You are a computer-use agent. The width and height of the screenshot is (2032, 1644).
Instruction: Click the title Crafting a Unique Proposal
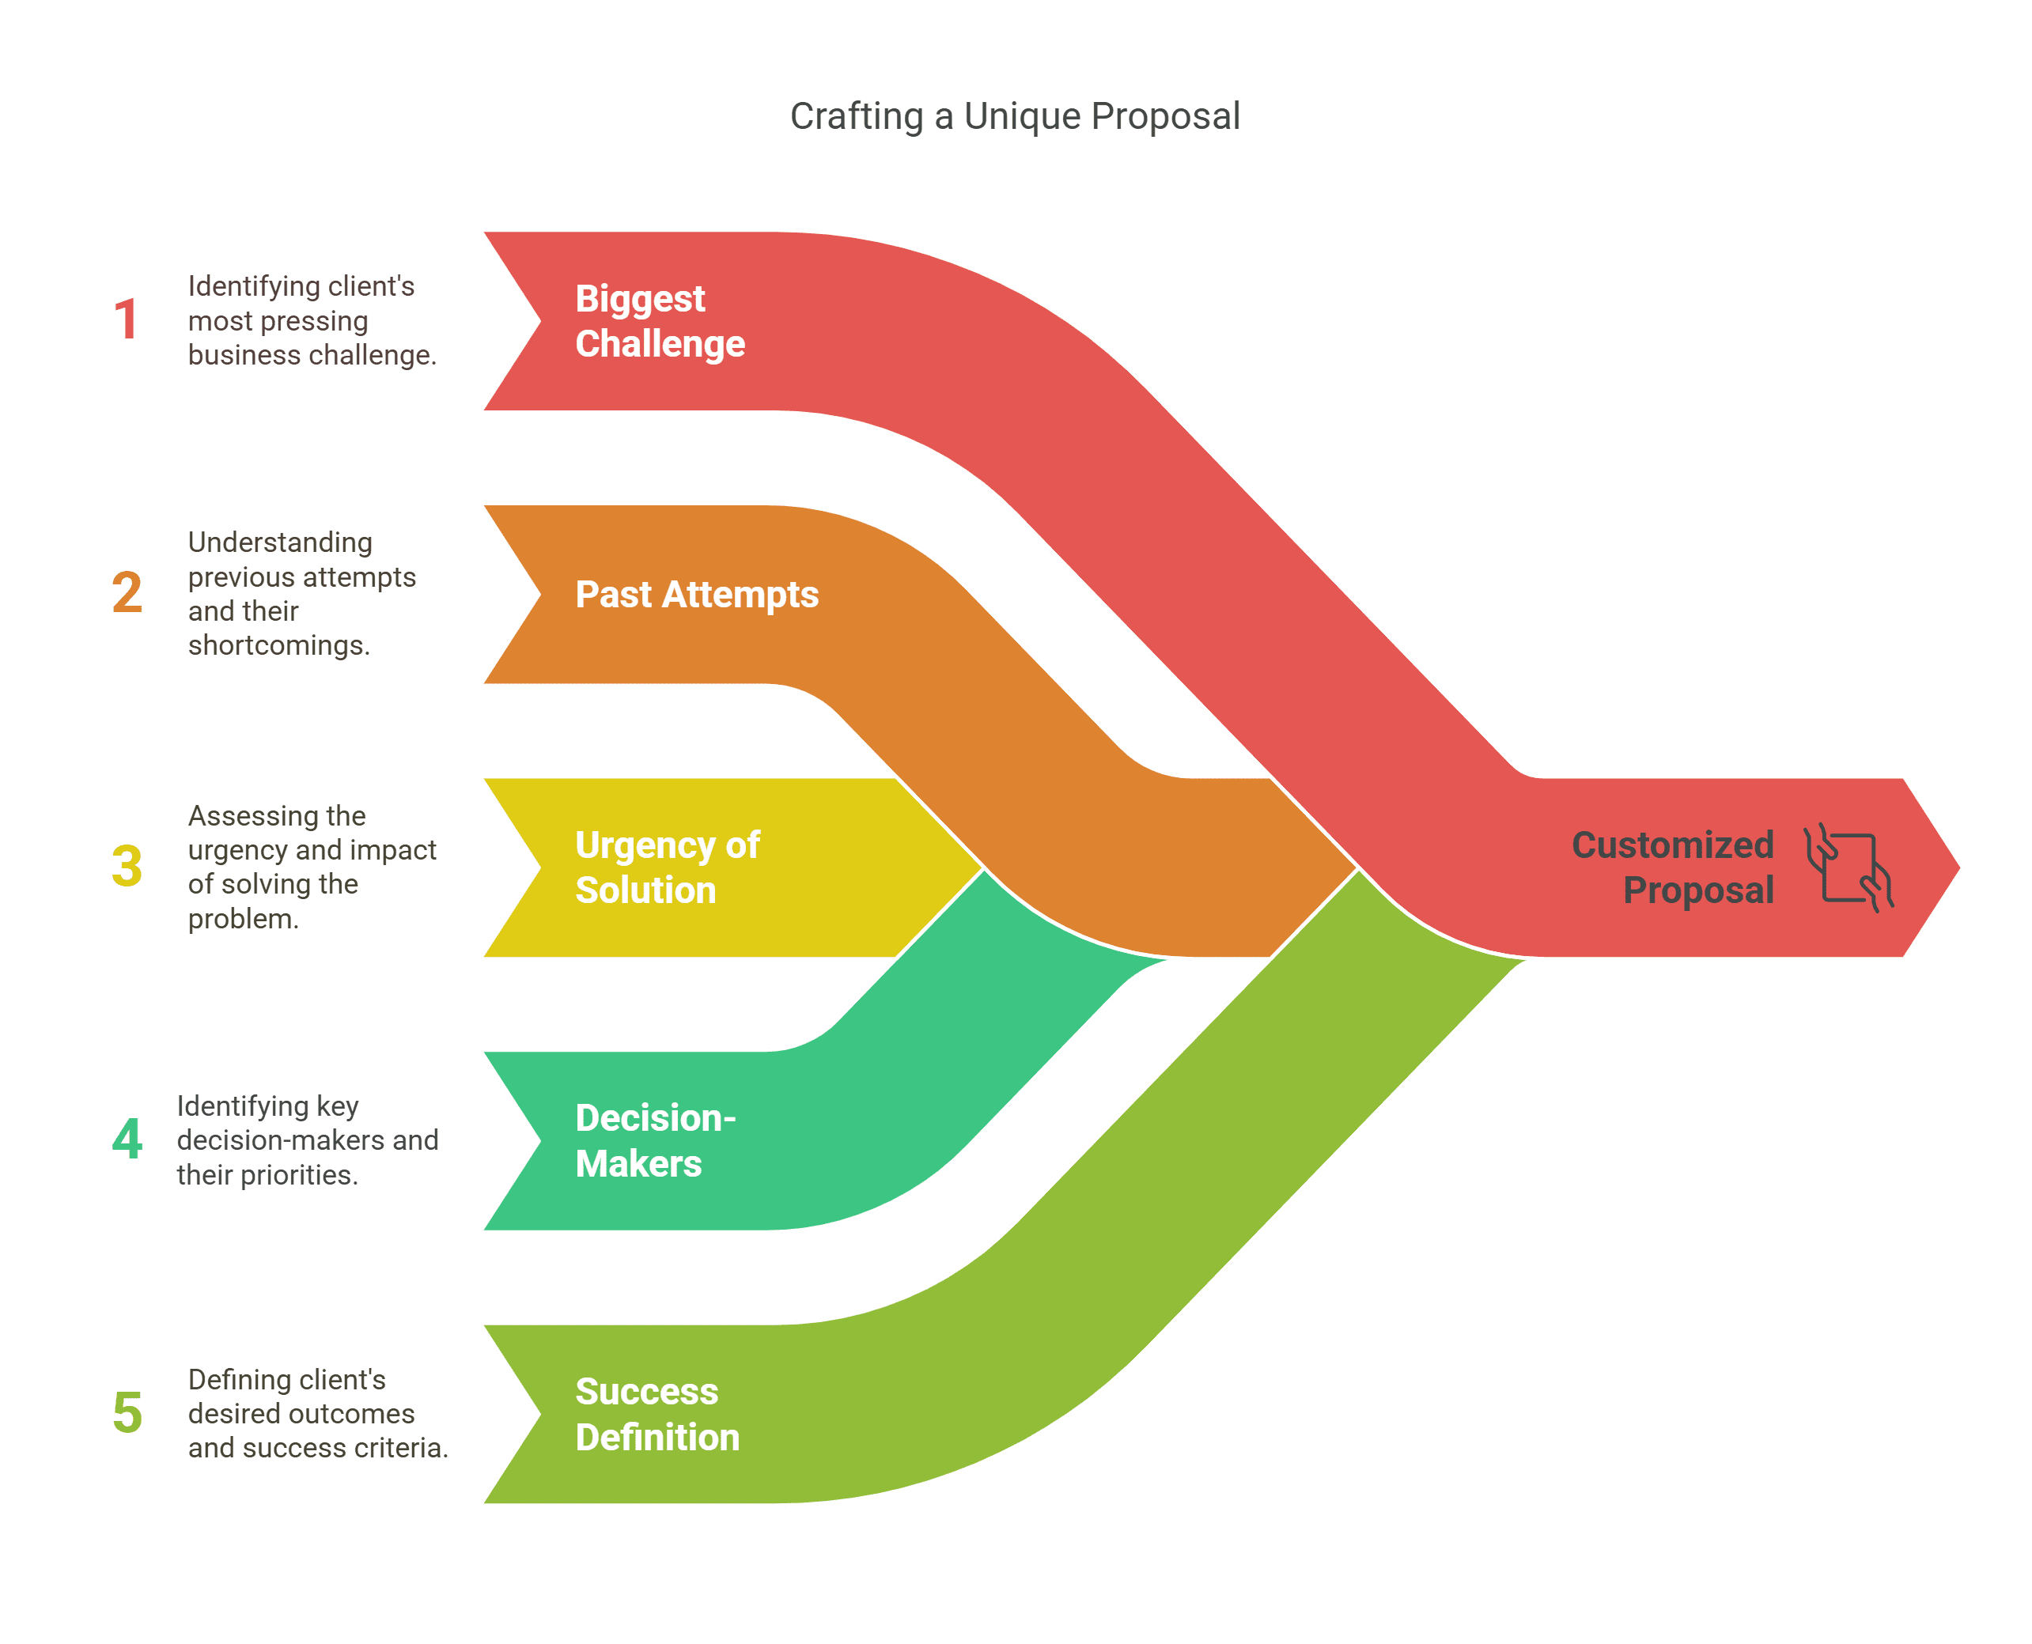tap(1015, 116)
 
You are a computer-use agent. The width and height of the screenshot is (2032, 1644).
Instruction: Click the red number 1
tap(126, 320)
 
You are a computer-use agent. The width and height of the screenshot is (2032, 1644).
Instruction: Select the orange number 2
tap(127, 593)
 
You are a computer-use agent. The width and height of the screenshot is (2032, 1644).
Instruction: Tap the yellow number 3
tap(127, 867)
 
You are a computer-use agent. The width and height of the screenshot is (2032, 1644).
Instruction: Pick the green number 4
tap(127, 1139)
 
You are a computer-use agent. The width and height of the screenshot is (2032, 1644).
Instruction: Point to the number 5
tap(127, 1413)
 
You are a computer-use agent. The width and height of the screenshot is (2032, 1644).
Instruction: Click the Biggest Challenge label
tap(660, 321)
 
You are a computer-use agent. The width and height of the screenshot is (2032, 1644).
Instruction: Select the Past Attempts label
tap(697, 595)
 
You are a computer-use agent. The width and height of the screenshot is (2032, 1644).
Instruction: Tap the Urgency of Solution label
tap(668, 867)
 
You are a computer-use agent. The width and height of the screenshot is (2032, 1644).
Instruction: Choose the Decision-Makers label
tap(656, 1141)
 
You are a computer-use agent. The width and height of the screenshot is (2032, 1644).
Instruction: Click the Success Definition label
tap(657, 1414)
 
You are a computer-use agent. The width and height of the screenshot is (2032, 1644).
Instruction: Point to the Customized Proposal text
tap(1673, 867)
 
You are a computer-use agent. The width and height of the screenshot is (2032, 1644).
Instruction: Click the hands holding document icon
tap(1848, 867)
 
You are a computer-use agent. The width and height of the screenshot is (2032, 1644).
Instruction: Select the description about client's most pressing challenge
tap(312, 320)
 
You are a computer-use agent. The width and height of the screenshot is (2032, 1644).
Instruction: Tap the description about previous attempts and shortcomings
tap(301, 594)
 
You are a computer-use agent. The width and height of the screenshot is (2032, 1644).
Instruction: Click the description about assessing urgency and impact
tap(312, 867)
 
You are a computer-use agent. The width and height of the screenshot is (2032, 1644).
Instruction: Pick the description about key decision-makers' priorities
tap(307, 1140)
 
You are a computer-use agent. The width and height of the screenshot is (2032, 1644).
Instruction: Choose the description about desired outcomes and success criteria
tap(318, 1413)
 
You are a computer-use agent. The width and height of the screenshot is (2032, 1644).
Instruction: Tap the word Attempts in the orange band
tap(740, 595)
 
